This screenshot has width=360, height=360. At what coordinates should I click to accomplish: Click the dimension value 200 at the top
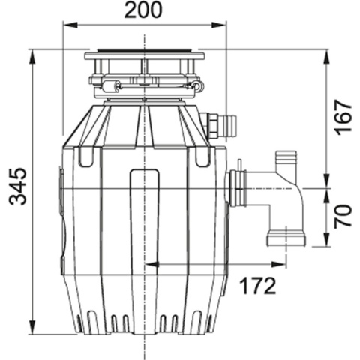[143, 10]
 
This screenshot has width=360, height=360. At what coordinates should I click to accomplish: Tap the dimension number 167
[343, 116]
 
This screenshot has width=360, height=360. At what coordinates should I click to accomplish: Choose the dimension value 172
[257, 285]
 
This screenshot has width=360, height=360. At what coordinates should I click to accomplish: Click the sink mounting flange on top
[143, 55]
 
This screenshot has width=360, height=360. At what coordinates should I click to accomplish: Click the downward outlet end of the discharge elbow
[286, 238]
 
